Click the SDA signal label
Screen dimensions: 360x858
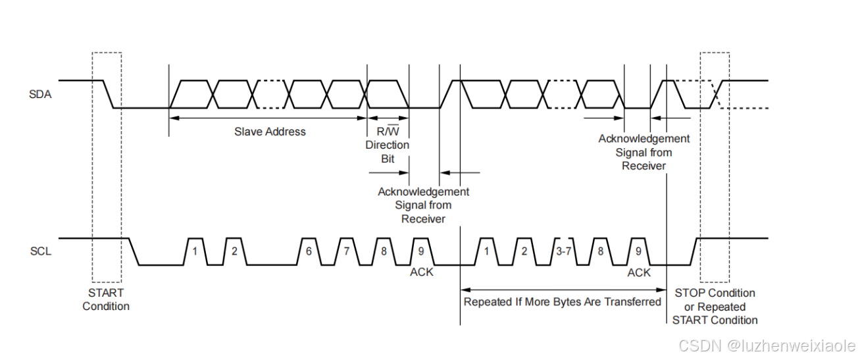coord(40,95)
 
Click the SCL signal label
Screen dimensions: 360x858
coord(40,251)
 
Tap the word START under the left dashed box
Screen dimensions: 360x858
coord(105,292)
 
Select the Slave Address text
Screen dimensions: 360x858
coord(270,132)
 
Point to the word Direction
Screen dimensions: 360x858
coord(387,145)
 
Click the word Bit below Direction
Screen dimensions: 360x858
coord(388,159)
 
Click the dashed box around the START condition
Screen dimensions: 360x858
coord(107,168)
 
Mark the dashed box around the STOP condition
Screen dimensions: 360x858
coord(715,168)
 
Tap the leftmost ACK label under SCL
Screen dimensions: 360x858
coord(422,272)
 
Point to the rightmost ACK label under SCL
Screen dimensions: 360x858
coord(638,272)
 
